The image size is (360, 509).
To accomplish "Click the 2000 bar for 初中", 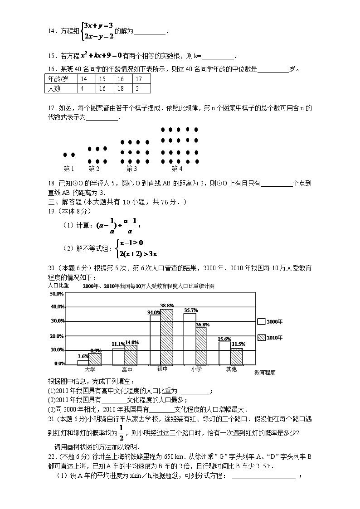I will (155, 339).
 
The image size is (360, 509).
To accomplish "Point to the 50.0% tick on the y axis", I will (57, 294).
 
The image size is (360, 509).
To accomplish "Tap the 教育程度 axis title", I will (265, 373).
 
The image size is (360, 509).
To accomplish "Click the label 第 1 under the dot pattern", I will (69, 169).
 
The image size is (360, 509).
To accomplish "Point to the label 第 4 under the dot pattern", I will (177, 169).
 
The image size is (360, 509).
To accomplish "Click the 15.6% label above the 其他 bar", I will (224, 339).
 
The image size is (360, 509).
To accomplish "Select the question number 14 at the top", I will (52, 31).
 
